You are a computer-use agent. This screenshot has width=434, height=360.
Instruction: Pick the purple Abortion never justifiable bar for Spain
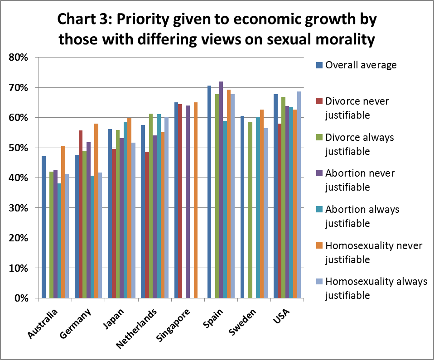click(221, 190)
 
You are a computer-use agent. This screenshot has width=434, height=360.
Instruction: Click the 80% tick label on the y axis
click(19, 58)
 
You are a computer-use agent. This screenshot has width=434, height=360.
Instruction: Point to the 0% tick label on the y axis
click(22, 298)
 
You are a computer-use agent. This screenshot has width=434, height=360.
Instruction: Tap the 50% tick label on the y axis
click(19, 148)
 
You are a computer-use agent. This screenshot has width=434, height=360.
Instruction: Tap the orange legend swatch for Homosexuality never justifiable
click(319, 246)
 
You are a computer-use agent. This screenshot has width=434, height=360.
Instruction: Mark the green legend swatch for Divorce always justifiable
click(319, 137)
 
